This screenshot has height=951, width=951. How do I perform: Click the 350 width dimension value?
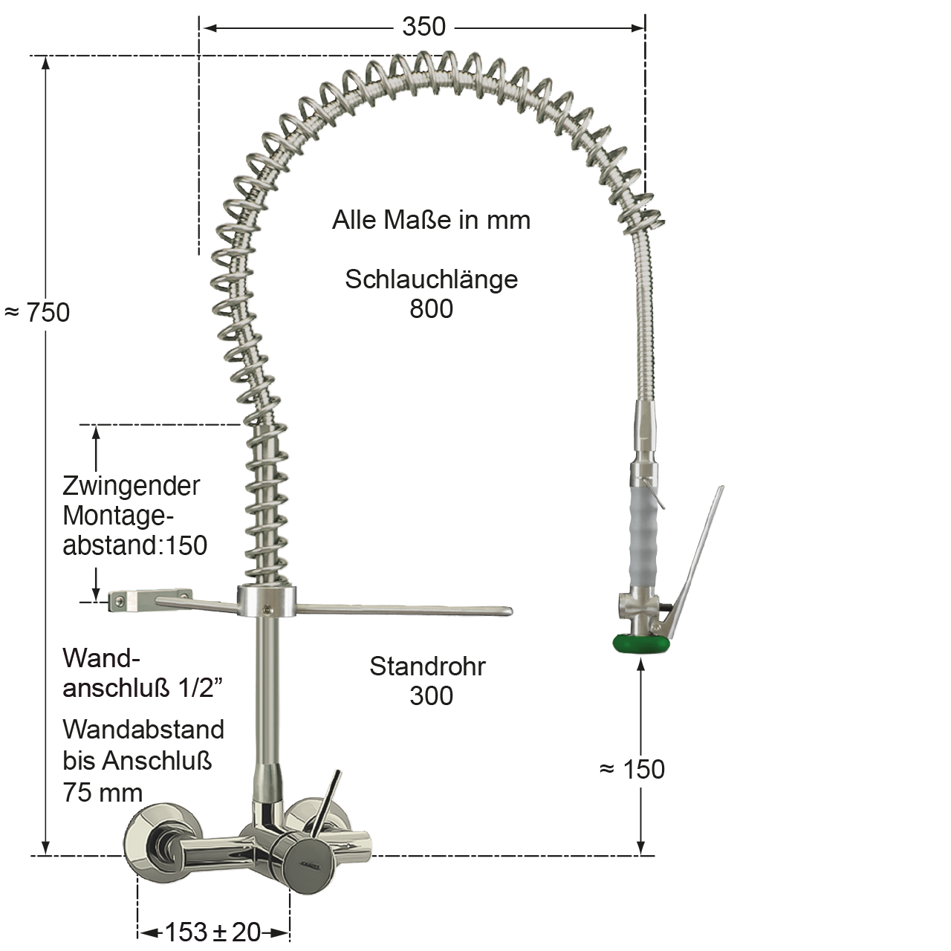click(423, 27)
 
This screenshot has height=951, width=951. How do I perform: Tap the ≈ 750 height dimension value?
click(39, 312)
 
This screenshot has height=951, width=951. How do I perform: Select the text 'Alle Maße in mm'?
click(431, 220)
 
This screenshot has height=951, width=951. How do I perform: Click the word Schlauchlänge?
click(431, 279)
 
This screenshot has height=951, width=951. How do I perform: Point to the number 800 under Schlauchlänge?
click(431, 308)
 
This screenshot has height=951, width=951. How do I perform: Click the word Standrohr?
click(427, 666)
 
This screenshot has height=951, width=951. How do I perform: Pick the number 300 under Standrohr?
click(431, 696)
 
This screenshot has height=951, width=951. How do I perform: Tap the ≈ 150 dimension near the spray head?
click(632, 770)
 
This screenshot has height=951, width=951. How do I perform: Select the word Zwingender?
click(131, 486)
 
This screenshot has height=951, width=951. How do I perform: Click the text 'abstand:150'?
click(134, 545)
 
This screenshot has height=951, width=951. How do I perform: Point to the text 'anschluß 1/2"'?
click(143, 689)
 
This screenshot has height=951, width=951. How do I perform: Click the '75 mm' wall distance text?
click(103, 793)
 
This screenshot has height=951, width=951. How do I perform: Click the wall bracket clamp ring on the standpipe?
click(267, 601)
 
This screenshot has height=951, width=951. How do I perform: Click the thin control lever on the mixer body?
click(327, 802)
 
